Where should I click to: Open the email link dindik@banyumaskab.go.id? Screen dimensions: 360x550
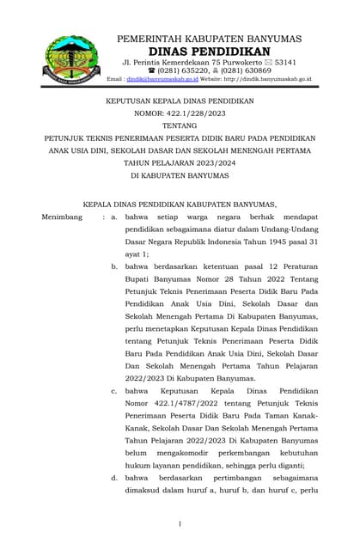click(x=159, y=79)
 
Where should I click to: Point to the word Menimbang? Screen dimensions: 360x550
click(x=62, y=217)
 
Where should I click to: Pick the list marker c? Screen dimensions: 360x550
click(x=114, y=391)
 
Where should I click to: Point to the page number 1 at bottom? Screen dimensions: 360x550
click(x=180, y=523)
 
